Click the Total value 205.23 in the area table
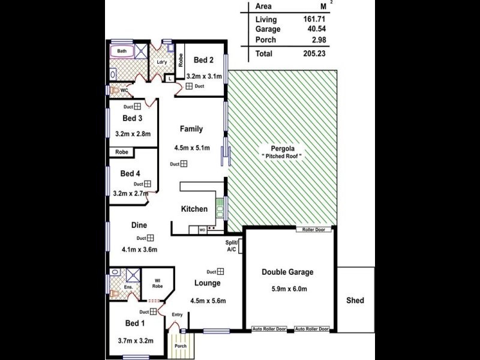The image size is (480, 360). (314, 53)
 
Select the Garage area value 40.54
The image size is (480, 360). (314, 29)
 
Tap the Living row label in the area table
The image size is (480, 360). (266, 19)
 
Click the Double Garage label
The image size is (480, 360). (287, 272)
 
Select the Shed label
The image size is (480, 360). (355, 301)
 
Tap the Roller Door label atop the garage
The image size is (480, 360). (313, 230)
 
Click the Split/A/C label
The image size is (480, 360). (232, 246)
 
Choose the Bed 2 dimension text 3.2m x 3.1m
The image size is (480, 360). (204, 76)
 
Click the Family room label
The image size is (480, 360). (192, 129)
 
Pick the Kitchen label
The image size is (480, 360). (194, 209)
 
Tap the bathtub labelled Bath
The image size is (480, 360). (122, 52)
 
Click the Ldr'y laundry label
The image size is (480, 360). (161, 62)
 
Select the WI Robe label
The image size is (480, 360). (157, 284)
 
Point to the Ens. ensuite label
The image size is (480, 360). (128, 287)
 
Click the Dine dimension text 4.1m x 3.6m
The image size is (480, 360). (139, 250)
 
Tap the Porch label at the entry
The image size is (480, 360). (180, 346)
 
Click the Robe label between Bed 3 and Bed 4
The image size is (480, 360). (122, 152)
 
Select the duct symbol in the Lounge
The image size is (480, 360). (221, 271)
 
